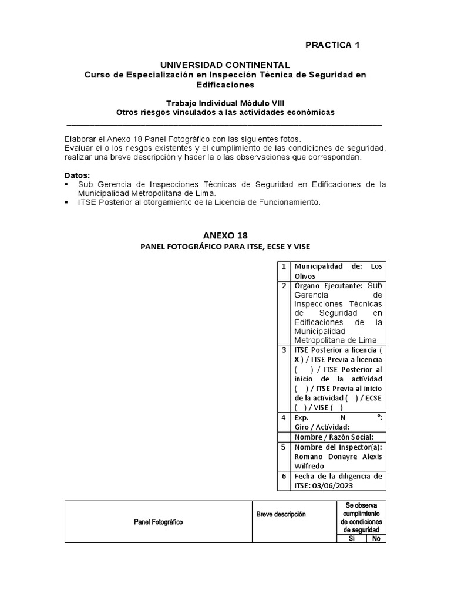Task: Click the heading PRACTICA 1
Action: (332, 45)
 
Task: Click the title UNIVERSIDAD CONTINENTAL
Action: (225, 65)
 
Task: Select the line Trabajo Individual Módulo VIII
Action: (225, 103)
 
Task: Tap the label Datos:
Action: (77, 175)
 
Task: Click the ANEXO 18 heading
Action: (225, 235)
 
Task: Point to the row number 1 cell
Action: (284, 266)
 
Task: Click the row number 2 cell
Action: (284, 286)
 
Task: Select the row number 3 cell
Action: (284, 350)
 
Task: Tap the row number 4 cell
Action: (284, 417)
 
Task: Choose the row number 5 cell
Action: (284, 447)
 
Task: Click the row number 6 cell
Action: (284, 476)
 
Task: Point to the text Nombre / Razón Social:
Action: (333, 437)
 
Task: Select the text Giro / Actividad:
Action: (322, 427)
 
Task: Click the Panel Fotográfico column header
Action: (157, 522)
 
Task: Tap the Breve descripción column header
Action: (281, 515)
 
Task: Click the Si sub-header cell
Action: (351, 538)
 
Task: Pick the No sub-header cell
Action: (376, 538)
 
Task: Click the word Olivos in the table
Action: (305, 276)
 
